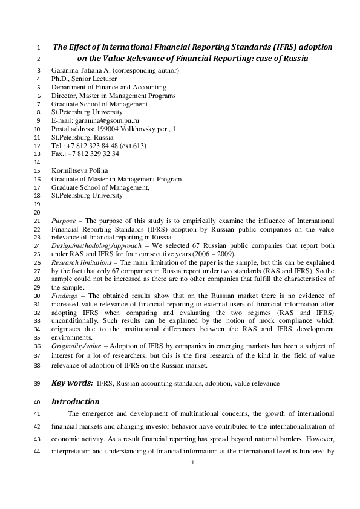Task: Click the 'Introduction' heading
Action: pos(76,401)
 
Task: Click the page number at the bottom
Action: pos(192,462)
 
